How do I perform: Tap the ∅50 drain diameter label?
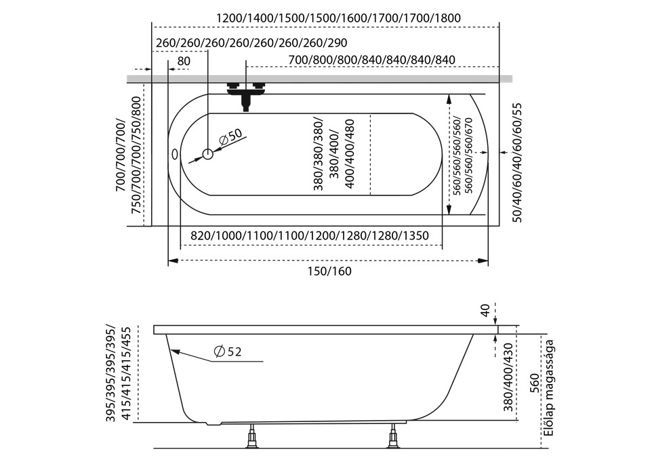tap(230, 136)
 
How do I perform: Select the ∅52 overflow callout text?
tap(228, 351)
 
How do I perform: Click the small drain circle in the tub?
tap(207, 154)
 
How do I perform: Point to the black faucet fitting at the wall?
tap(245, 94)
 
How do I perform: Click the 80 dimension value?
tap(183, 61)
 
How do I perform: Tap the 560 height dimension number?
tap(533, 383)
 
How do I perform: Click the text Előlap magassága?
tap(550, 388)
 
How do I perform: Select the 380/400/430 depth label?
tap(509, 378)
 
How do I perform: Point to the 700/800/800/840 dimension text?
tap(371, 60)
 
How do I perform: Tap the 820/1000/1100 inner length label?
tap(309, 235)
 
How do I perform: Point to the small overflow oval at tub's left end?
tap(176, 155)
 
